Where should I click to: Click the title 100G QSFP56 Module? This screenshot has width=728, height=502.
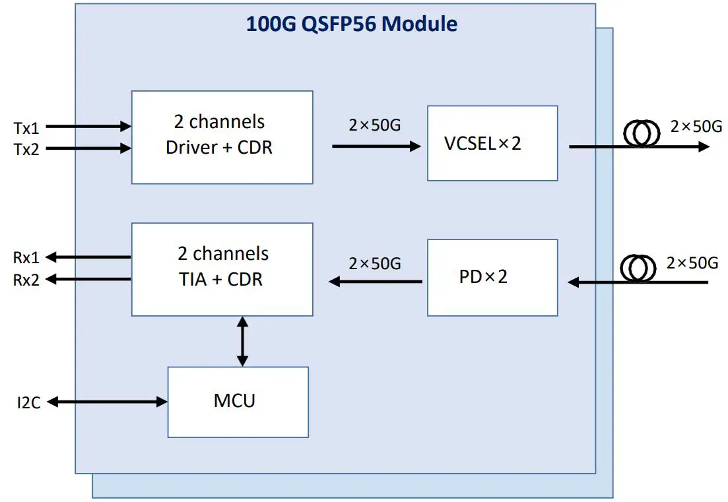pyautogui.click(x=351, y=24)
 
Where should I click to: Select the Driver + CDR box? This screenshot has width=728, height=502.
pyautogui.click(x=222, y=137)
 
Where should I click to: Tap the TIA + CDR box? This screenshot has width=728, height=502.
pyautogui.click(x=222, y=269)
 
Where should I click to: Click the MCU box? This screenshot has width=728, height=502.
pyautogui.click(x=238, y=402)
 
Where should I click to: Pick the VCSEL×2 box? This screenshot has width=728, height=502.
pyautogui.click(x=492, y=143)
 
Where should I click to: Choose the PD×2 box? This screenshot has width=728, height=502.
pyautogui.click(x=492, y=277)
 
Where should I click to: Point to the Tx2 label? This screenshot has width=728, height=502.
pyautogui.click(x=26, y=150)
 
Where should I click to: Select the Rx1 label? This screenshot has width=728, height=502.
pyautogui.click(x=26, y=257)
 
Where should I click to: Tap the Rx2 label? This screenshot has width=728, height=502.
pyautogui.click(x=26, y=280)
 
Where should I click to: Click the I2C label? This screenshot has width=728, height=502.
pyautogui.click(x=29, y=402)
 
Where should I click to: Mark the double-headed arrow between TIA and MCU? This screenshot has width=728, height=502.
pyautogui.click(x=242, y=341)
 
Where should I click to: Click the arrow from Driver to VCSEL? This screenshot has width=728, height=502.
pyautogui.click(x=376, y=146)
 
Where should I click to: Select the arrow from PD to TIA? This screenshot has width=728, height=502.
pyautogui.click(x=376, y=282)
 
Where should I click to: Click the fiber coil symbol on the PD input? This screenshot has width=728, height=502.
pyautogui.click(x=638, y=268)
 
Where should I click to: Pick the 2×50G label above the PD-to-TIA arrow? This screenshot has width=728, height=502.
pyautogui.click(x=374, y=263)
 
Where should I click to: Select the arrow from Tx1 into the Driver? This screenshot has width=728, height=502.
pyautogui.click(x=88, y=126)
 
